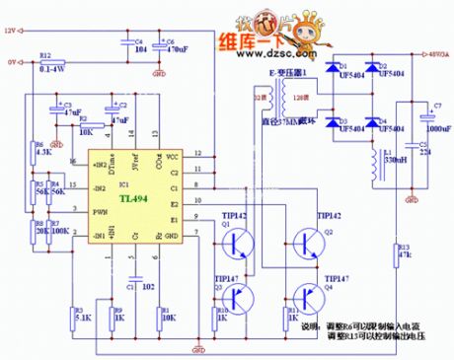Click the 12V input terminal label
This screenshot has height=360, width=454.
[x=11, y=31]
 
